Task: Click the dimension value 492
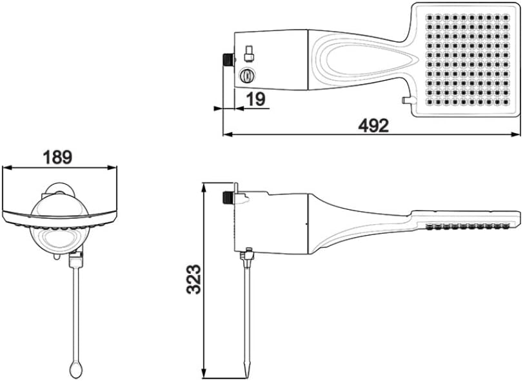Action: (x=373, y=126)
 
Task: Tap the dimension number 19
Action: (x=256, y=99)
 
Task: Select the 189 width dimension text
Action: (x=57, y=157)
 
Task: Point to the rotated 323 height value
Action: (x=194, y=279)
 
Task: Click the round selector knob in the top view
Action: (x=247, y=76)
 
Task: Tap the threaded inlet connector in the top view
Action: (x=228, y=59)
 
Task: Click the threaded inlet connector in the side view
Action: (x=228, y=198)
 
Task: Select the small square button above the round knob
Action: (x=249, y=54)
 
